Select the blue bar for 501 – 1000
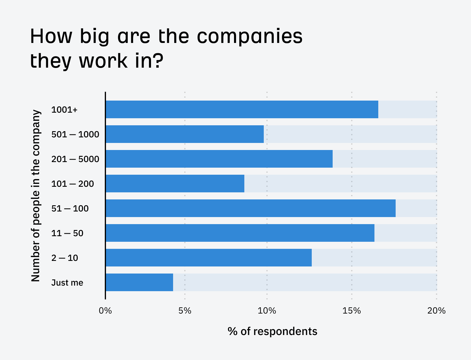pos(185,134)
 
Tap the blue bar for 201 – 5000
pos(219,159)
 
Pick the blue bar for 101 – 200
pos(175,184)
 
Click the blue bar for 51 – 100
pos(251,208)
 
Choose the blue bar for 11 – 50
pos(240,233)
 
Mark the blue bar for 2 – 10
pos(209,258)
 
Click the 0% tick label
pos(105,311)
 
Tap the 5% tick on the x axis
pos(185,311)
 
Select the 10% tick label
pos(267,311)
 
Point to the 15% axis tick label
pos(351,311)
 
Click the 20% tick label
pos(436,311)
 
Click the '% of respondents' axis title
pos(272,331)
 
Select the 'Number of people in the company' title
pos(36,196)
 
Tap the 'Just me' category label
pos(67,283)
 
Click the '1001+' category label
pos(64,110)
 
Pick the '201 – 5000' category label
pos(75,159)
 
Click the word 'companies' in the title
pos(250,37)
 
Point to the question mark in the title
pos(158,61)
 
